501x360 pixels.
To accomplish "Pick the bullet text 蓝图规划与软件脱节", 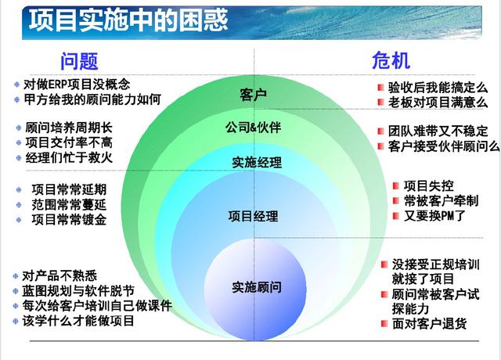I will [x=83, y=290].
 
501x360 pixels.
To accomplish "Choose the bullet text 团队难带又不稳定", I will [x=438, y=131].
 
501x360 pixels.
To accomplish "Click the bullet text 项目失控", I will [x=427, y=185].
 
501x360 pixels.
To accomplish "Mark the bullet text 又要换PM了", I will [x=434, y=215].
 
